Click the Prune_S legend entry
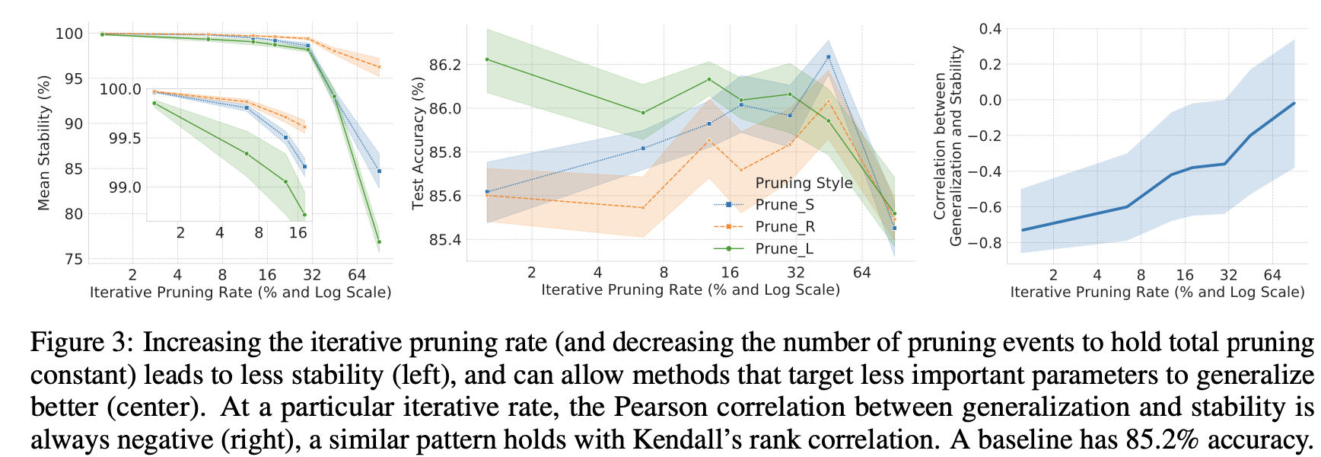[x=784, y=205]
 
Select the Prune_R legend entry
[x=784, y=227]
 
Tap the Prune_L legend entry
[x=784, y=249]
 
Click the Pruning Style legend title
[x=804, y=183]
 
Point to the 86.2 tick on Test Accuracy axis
[x=445, y=65]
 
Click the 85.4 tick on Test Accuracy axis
[x=445, y=241]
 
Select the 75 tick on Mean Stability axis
[x=74, y=260]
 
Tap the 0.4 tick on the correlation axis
[x=990, y=29]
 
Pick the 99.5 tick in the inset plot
[x=125, y=138]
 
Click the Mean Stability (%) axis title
[x=44, y=142]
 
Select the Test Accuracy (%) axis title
[x=418, y=142]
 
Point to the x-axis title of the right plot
[x=1157, y=292]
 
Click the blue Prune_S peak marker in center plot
[x=828, y=57]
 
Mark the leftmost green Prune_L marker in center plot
[x=487, y=59]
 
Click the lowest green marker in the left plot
[x=379, y=242]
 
